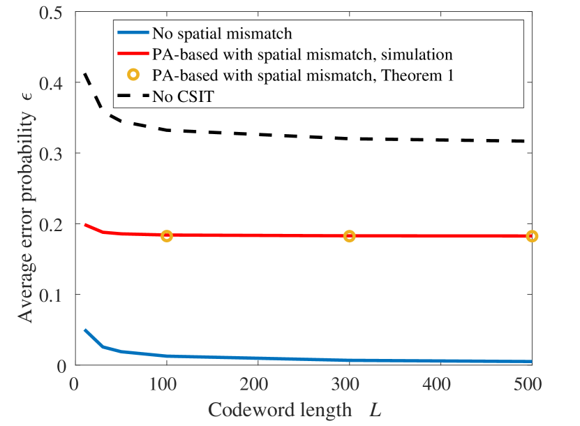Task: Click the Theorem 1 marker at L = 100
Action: (x=166, y=236)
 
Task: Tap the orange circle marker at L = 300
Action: (x=349, y=236)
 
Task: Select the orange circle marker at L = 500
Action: (x=532, y=236)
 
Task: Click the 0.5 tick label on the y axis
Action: (x=56, y=13)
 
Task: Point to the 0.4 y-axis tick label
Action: (x=56, y=83)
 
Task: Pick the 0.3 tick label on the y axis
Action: (x=56, y=154)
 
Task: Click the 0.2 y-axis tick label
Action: (x=56, y=224)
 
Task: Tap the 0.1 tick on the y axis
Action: (x=56, y=295)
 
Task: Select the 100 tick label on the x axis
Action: (x=166, y=385)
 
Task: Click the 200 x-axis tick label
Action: (x=258, y=385)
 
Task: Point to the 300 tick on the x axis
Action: (x=349, y=385)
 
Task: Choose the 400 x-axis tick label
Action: (x=440, y=385)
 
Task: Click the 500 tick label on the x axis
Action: (x=532, y=385)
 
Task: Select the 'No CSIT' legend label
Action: (x=183, y=97)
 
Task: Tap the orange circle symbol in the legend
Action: (x=133, y=75)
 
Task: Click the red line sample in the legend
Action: (x=133, y=54)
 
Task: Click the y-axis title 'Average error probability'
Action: (x=26, y=210)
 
